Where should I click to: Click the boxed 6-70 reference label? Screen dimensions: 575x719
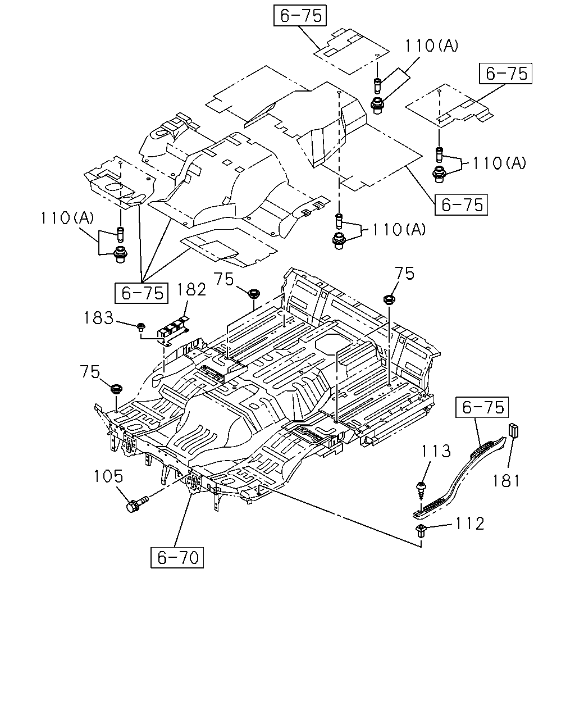[x=177, y=557]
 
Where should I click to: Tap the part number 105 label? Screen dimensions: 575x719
[x=108, y=476]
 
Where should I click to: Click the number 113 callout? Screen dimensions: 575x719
[x=436, y=451]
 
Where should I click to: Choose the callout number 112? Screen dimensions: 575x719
[x=469, y=524]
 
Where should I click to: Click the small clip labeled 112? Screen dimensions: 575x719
[x=421, y=531]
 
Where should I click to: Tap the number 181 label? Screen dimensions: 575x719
[x=506, y=481]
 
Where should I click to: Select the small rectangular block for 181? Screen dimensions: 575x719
[x=513, y=430]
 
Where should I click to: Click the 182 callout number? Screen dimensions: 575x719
[x=191, y=289]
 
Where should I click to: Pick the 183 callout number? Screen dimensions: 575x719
[x=99, y=317]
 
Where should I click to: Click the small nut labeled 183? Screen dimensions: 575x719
[x=141, y=326]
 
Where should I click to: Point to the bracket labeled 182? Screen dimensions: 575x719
[x=173, y=329]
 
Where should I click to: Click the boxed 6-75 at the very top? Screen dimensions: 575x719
[x=300, y=15]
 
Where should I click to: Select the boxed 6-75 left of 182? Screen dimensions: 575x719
[x=142, y=293]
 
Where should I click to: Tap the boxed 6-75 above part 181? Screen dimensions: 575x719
[x=482, y=407]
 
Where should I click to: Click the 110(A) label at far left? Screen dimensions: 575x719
[x=67, y=218]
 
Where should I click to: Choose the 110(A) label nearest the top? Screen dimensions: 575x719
[x=431, y=45]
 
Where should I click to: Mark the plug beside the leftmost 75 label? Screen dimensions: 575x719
[x=116, y=389]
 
